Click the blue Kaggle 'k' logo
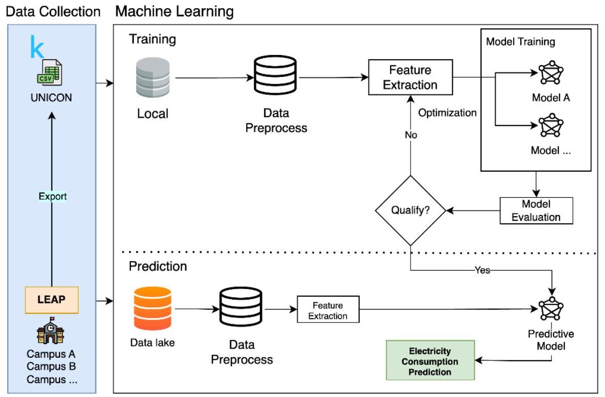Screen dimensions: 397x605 tap(37, 47)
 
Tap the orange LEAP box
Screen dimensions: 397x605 tap(52, 299)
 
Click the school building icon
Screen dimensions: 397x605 tap(51, 332)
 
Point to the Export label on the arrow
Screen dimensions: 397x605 tap(53, 196)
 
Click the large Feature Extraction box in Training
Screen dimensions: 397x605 tap(410, 77)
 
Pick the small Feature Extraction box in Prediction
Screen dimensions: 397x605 tap(328, 310)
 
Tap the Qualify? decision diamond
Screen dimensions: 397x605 tap(410, 210)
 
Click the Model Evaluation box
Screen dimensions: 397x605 tap(536, 210)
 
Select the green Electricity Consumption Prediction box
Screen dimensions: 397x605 tap(430, 361)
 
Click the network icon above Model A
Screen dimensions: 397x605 tap(550, 74)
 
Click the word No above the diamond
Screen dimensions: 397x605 tap(410, 135)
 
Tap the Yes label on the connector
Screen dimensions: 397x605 tap(482, 271)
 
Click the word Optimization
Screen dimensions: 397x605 tap(447, 113)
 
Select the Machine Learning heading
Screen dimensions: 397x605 tap(175, 11)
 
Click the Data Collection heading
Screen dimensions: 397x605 tap(53, 11)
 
